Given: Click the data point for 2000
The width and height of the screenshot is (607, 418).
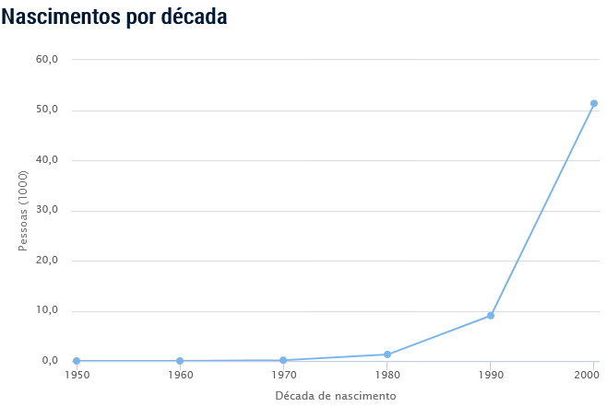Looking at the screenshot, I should point(593,103).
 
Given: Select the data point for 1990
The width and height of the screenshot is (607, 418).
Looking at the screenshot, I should point(491,316).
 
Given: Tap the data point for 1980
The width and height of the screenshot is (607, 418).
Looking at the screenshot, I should point(387,354).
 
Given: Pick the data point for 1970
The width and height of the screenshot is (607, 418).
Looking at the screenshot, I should point(283,360).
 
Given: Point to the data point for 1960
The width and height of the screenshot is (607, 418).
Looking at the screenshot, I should point(180,361).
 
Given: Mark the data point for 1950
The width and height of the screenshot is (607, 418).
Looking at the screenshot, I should point(77,361).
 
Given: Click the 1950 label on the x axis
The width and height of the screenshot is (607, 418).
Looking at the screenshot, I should point(77,376).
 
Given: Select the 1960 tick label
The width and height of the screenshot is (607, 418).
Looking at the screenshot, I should point(180,376).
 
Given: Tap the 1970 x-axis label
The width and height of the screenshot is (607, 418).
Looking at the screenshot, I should point(283,376).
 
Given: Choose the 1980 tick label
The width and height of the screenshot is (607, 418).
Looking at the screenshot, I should point(387,376).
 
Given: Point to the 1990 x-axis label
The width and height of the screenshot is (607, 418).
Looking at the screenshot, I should point(491,376).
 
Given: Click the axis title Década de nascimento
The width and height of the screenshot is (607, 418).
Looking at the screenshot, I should point(335,396).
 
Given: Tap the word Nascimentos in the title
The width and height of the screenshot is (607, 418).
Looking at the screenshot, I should point(60,17).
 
